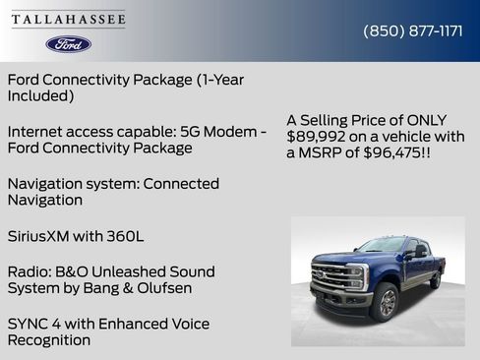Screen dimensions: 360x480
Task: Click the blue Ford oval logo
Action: tap(69, 44)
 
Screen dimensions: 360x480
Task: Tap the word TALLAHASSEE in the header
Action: tap(69, 20)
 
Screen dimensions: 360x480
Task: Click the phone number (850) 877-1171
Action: tap(413, 30)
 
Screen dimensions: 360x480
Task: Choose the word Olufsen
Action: tap(163, 288)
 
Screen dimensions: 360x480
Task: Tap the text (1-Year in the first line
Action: tap(206, 80)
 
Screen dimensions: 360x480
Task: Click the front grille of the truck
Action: tap(330, 277)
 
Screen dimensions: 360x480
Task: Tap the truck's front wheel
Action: tap(383, 302)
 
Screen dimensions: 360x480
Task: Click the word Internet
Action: tap(36, 131)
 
